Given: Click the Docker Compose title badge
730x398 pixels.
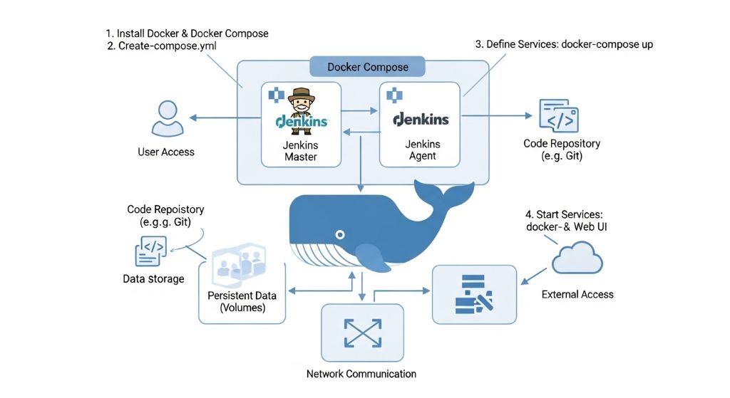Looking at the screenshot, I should click(x=367, y=67).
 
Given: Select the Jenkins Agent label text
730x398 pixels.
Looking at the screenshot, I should click(x=423, y=150).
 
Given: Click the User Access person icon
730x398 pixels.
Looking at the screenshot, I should click(x=166, y=118).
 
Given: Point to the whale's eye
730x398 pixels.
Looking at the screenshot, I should click(x=340, y=234).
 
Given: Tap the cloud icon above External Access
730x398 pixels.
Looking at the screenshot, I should click(x=577, y=258).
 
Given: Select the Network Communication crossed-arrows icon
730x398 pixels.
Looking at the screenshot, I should click(x=362, y=332).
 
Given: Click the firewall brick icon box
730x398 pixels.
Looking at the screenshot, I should click(x=474, y=295).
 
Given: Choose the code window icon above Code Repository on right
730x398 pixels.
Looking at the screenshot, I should click(x=559, y=117).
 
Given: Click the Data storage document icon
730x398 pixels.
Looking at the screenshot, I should click(x=150, y=252).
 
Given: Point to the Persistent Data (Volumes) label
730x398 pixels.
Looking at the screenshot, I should click(x=242, y=302).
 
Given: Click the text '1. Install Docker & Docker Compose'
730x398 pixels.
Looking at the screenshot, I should click(x=187, y=33).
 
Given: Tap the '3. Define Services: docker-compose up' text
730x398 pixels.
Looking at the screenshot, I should click(x=564, y=44).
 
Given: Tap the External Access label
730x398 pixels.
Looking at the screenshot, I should click(x=577, y=294).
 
